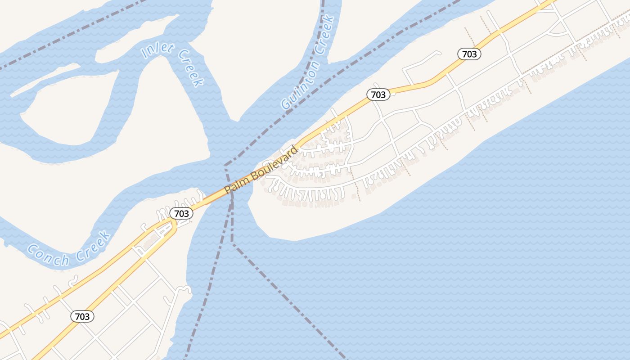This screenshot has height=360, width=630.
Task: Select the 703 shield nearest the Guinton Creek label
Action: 378,94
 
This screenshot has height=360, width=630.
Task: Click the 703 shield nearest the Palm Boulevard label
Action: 181,213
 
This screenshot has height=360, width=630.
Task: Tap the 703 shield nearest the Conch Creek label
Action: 82,316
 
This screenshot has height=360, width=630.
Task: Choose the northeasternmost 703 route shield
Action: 469,54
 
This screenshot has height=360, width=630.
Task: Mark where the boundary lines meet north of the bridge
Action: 225,166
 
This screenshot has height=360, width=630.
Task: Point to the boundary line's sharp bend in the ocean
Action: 233,243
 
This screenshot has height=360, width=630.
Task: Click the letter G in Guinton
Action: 285,105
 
